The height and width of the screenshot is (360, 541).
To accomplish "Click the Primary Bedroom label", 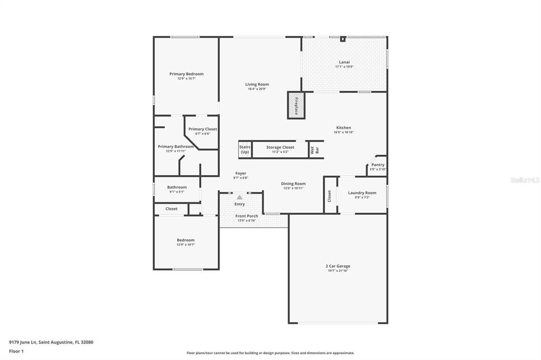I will (x=186, y=74).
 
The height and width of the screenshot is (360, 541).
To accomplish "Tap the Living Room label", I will (x=257, y=84).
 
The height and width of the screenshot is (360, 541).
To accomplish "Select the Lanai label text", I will (x=344, y=62).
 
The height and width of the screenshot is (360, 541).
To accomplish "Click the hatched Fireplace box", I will (x=296, y=106).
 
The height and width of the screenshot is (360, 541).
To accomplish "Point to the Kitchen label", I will (x=343, y=128).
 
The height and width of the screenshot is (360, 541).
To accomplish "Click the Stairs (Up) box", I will (x=245, y=149).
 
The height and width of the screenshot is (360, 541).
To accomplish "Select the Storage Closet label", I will (x=280, y=148).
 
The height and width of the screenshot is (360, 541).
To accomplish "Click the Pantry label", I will (x=378, y=165).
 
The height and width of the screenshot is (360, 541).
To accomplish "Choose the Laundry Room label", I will (x=362, y=193).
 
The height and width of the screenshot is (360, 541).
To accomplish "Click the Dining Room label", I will (x=293, y=184).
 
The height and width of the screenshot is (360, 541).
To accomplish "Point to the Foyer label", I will (x=240, y=173).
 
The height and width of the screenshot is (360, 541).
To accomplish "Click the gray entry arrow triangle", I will (x=239, y=197).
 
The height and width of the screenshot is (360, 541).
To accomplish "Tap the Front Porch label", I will (x=246, y=216).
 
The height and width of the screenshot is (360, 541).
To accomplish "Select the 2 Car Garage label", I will (x=338, y=266).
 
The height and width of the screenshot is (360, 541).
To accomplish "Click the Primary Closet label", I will (x=202, y=129).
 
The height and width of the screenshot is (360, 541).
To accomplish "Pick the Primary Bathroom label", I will (x=175, y=146).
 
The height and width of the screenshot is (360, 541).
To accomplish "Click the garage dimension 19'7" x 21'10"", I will (x=338, y=271).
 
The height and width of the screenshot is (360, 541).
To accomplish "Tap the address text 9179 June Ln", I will (x=22, y=342).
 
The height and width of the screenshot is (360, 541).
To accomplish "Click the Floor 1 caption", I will (x=16, y=351).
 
